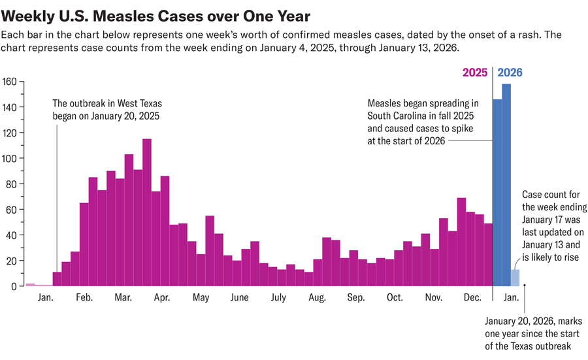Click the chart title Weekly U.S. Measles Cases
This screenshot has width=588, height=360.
point(156,14)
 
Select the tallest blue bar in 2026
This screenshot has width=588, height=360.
point(506,185)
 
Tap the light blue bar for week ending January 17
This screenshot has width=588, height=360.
point(515,278)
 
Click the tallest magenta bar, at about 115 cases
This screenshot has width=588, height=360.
point(147,212)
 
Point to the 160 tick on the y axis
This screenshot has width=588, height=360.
point(9,82)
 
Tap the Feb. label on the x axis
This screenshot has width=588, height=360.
point(85,298)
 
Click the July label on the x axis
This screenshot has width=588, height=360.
point(278,298)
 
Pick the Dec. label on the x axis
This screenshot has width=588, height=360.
point(472,298)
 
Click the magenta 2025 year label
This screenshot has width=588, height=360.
point(475,73)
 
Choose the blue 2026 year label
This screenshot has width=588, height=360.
point(510,73)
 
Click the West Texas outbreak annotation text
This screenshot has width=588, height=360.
point(106,110)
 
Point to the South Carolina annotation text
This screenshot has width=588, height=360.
point(423,122)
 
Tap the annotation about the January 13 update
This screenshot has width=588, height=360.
point(554,225)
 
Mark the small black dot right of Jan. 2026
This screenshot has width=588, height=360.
point(525,285)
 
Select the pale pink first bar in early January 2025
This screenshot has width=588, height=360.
point(30,284)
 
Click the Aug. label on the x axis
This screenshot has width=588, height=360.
point(317,298)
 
